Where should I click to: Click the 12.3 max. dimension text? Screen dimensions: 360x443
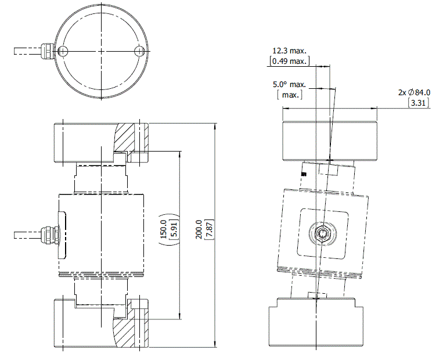pos(289,51)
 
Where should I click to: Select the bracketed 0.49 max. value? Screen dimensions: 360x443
pos(289,61)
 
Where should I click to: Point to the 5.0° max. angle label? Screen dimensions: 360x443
pos(289,85)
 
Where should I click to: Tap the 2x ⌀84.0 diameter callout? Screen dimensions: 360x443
pos(414,92)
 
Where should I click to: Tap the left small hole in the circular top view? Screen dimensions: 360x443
pos(63,51)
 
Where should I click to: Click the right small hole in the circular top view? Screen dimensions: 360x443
pos(139,51)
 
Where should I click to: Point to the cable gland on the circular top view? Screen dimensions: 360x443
pos(46,51)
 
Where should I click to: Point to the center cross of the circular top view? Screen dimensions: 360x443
pos(100,51)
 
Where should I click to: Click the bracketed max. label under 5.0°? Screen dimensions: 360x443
pos(289,95)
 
